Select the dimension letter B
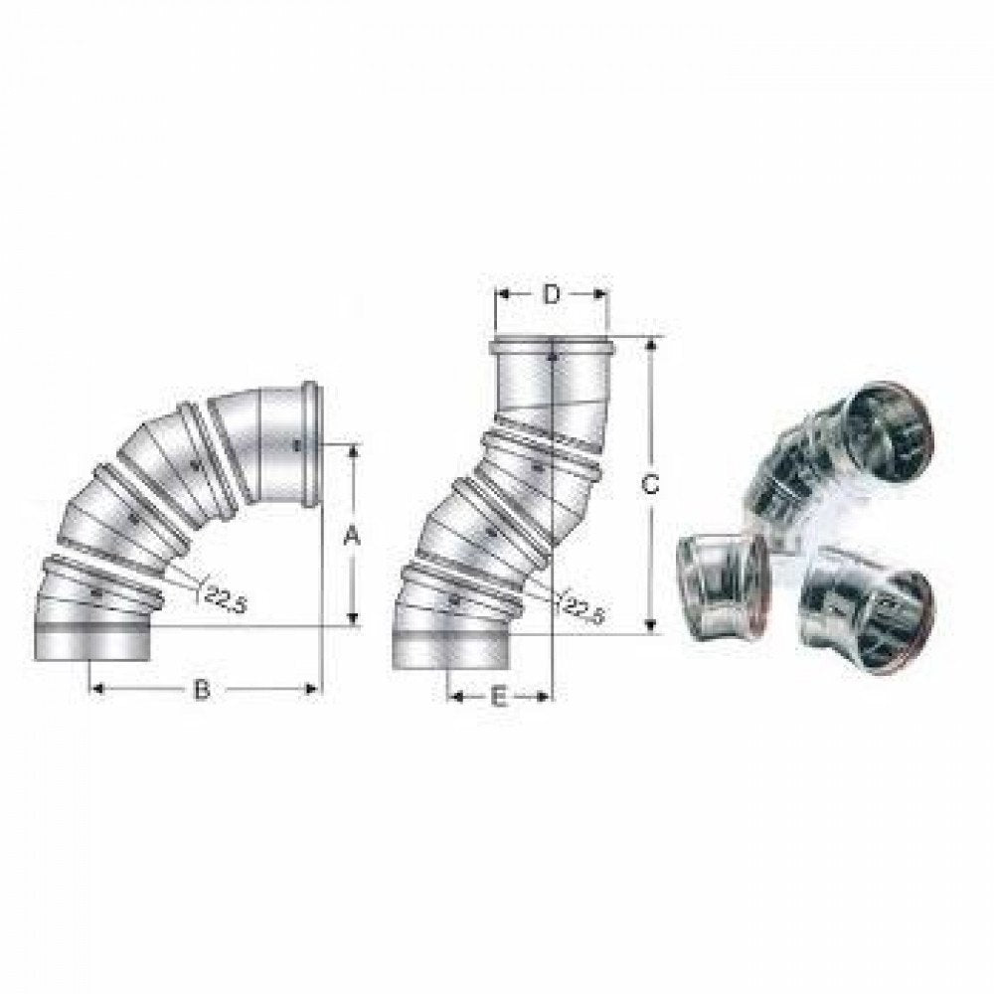click(x=201, y=689)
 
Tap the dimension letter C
click(x=649, y=485)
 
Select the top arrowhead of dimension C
click(x=650, y=344)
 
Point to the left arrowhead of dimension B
click(x=96, y=689)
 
